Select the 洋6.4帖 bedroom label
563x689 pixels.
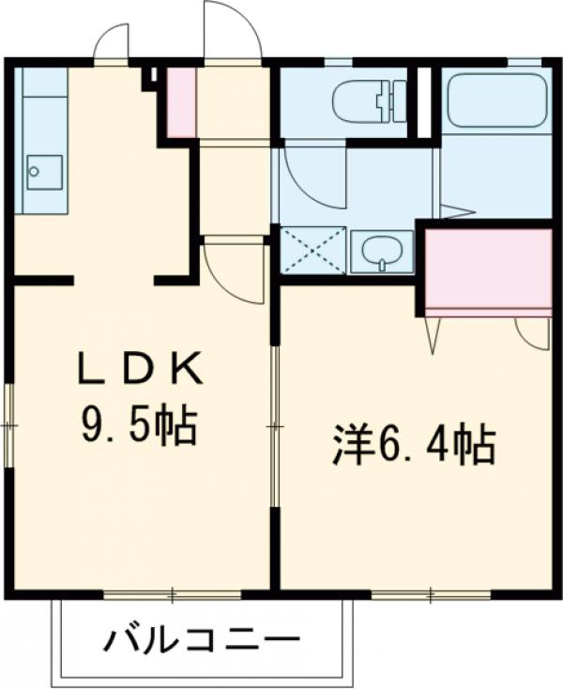pos(413,446)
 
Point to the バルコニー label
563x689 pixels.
pos(202,642)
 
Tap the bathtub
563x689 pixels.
pos(496,101)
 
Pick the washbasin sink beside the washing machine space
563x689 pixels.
pos(382,251)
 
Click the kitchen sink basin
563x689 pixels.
pos(43,172)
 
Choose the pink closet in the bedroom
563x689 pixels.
pos(489,271)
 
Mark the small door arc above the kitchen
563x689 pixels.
pos(111,43)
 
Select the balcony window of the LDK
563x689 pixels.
pos(173,595)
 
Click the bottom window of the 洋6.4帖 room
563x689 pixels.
pos(430,595)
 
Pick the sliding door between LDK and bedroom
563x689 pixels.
pos(274,427)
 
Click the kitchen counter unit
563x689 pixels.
pos(43,141)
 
